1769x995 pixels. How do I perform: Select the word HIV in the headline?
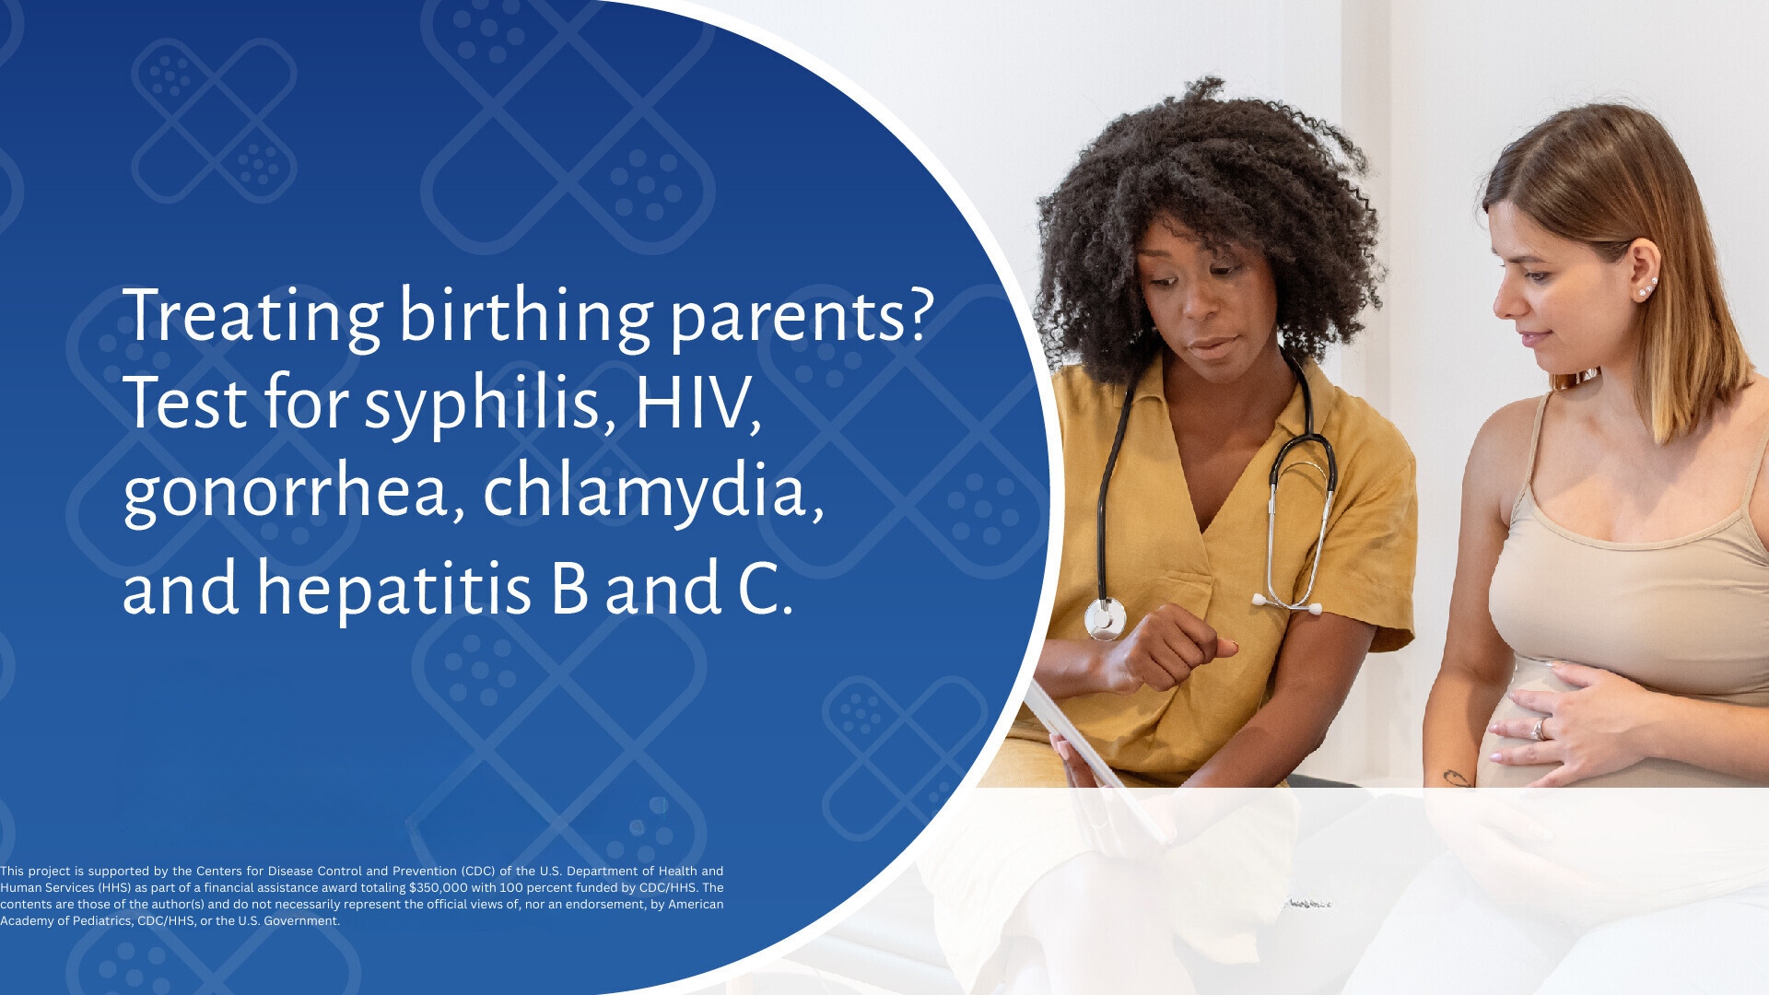click(x=697, y=404)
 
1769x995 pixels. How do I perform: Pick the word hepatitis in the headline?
click(x=393, y=588)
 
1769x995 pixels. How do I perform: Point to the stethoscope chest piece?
click(x=1105, y=618)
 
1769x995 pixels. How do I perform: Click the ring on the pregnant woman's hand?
click(x=1538, y=730)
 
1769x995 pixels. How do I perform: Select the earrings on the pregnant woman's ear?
click(x=1647, y=287)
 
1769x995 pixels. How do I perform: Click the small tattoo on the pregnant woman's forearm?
click(x=1456, y=778)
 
